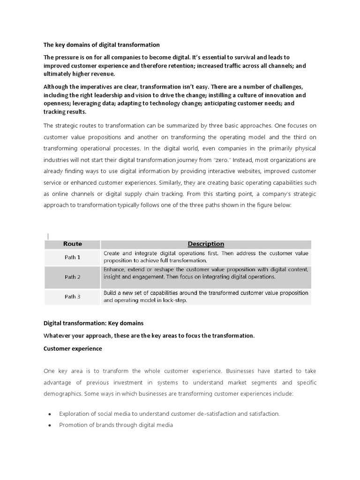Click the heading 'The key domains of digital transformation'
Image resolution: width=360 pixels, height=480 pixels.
tap(102, 45)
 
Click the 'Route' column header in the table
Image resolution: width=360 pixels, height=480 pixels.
tap(73, 244)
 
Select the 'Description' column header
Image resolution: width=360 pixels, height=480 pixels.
tap(206, 244)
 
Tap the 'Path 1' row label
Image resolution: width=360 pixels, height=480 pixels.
tap(73, 257)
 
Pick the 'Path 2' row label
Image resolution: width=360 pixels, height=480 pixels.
tap(73, 277)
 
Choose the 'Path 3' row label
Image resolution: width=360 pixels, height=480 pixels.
tap(73, 297)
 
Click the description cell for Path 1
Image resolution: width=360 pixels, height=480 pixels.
tap(206, 256)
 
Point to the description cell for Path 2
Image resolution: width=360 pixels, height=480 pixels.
tap(206, 273)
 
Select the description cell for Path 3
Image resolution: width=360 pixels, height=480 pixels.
tap(206, 296)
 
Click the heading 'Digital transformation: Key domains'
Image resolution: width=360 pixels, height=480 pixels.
tap(93, 323)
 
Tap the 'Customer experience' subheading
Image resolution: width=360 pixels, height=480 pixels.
tap(73, 349)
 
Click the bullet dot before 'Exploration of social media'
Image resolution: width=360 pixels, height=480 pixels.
tap(50, 414)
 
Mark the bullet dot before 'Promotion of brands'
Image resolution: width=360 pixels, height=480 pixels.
tap(50, 425)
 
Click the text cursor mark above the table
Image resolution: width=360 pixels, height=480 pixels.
tap(47, 236)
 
